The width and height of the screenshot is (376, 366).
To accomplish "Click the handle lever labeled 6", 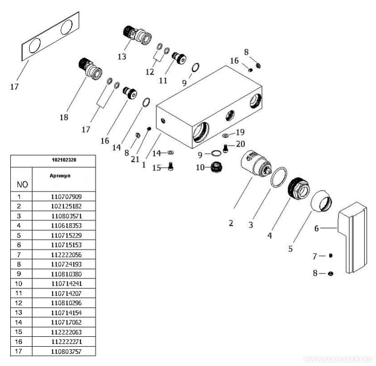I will point(355,238).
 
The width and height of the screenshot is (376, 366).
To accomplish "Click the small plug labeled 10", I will point(216,167).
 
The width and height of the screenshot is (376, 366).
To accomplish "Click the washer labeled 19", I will point(227,135).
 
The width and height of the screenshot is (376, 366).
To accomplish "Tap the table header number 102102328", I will point(65,160).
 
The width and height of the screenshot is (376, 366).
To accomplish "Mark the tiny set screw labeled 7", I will point(331,256).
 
